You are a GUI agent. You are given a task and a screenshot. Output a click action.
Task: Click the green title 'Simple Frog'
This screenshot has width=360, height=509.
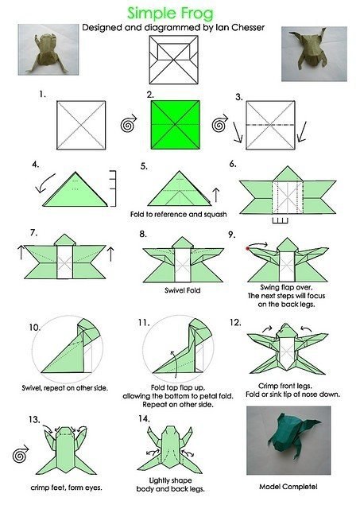(171, 14)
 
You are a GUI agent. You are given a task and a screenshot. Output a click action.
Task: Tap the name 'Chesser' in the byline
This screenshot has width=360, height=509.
(249, 28)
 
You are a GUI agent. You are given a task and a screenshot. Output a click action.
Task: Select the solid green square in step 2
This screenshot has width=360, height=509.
(175, 125)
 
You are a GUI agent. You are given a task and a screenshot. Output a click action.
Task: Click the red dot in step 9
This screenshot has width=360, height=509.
(248, 249)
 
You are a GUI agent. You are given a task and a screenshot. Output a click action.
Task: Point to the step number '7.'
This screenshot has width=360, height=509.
(33, 233)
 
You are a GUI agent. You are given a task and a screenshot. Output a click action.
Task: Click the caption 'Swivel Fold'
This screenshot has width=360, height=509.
(182, 290)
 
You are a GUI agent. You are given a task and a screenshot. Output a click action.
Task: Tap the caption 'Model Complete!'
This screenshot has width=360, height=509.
(288, 487)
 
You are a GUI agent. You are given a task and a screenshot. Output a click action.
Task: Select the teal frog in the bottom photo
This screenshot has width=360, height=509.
(293, 435)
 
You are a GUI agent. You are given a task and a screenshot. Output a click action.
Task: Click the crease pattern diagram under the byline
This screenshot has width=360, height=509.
(174, 60)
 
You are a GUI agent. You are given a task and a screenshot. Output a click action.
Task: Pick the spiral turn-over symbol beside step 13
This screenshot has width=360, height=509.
(20, 454)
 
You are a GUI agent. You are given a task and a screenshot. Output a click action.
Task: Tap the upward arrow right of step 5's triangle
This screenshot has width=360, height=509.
(216, 194)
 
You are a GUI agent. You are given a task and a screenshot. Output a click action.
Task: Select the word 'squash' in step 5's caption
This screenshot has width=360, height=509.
(215, 214)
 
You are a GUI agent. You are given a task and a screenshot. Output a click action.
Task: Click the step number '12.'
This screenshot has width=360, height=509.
(235, 322)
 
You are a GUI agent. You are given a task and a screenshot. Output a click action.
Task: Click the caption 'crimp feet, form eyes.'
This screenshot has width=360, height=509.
(66, 488)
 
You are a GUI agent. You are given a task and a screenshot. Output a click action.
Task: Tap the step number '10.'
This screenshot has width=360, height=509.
(34, 327)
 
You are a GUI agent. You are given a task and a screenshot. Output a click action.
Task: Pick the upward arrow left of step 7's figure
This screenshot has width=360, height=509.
(21, 252)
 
